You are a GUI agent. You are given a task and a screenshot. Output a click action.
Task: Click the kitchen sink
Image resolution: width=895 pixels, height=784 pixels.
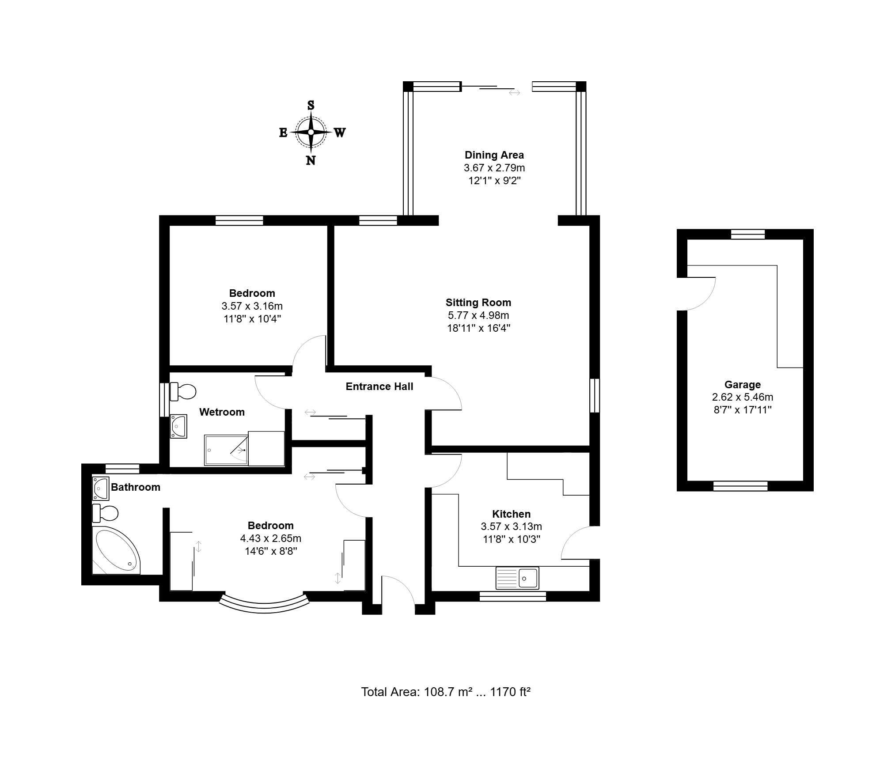pyautogui.click(x=517, y=578)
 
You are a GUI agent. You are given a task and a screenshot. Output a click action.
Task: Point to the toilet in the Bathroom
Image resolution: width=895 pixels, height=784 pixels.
pyautogui.click(x=105, y=513)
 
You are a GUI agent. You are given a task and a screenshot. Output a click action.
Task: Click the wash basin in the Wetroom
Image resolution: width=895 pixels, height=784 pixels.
pyautogui.click(x=178, y=426)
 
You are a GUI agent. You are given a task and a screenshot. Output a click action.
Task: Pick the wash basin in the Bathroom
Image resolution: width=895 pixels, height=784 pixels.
pyautogui.click(x=101, y=488)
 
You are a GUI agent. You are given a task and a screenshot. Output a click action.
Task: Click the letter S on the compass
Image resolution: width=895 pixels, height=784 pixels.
pyautogui.click(x=311, y=105)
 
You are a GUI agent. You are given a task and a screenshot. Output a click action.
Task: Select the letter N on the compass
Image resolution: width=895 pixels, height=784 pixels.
pyautogui.click(x=311, y=160)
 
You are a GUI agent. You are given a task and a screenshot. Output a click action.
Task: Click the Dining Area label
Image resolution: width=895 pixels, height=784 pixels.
pyautogui.click(x=494, y=155)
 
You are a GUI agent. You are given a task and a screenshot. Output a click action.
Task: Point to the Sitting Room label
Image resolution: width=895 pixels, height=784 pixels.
pyautogui.click(x=478, y=303)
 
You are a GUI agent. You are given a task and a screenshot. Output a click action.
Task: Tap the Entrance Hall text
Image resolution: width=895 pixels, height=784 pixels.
pyautogui.click(x=379, y=386)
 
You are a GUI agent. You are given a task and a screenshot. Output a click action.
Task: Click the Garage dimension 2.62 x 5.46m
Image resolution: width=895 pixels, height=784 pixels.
pyautogui.click(x=743, y=397)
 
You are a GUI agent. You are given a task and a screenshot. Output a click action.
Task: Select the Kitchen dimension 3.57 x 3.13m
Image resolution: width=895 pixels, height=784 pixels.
pyautogui.click(x=512, y=526)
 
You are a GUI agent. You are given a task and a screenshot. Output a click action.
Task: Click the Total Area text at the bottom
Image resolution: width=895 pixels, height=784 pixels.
pyautogui.click(x=446, y=692)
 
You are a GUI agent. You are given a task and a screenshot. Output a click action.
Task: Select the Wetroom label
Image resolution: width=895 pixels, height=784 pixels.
pyautogui.click(x=222, y=412)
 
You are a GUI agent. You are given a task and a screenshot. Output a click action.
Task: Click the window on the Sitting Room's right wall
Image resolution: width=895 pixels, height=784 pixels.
pyautogui.click(x=595, y=395)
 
